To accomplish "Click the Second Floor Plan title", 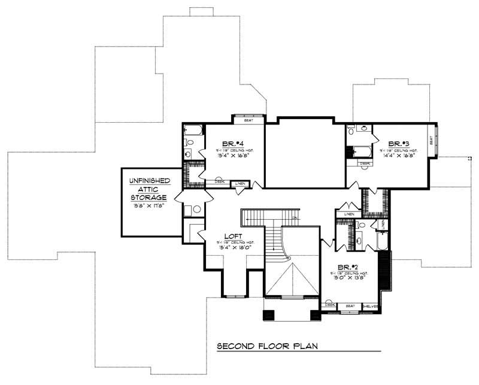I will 266,346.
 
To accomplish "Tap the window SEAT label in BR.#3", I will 431,141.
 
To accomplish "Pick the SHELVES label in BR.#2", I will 369,306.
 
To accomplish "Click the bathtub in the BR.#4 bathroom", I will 193,129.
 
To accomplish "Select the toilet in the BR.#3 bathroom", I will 351,128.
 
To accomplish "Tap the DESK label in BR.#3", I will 364,162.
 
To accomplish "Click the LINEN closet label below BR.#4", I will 239,183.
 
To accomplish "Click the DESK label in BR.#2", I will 329,304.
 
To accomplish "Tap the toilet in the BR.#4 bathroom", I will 187,143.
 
